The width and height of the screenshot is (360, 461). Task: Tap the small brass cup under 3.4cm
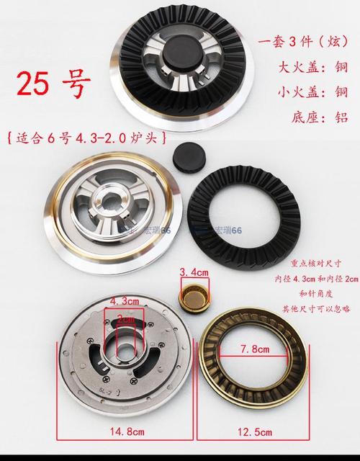(192, 295)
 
